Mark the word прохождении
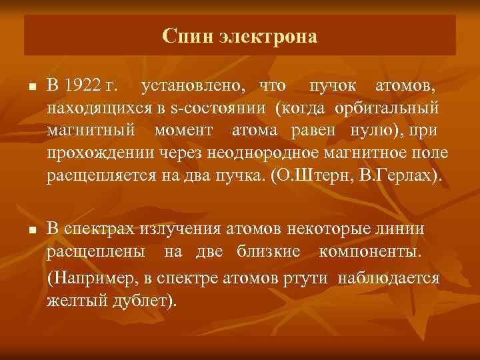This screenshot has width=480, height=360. [x=100, y=155]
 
